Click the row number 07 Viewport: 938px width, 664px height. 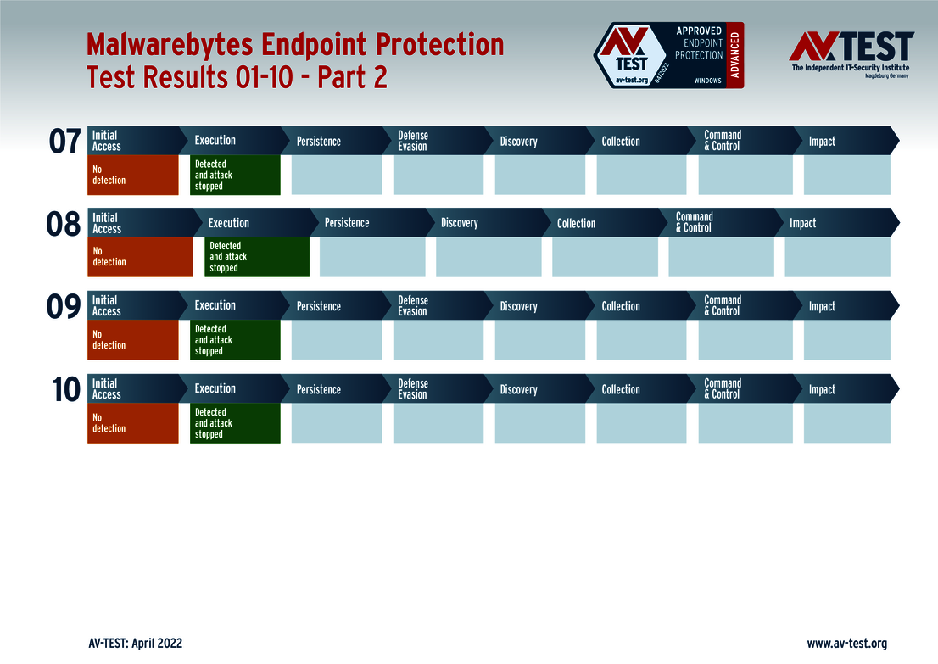coord(64,141)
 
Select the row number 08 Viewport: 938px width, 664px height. coord(63,223)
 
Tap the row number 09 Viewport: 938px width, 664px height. coord(64,306)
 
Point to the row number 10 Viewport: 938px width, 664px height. coord(66,389)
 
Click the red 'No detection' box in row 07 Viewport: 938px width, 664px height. coord(133,175)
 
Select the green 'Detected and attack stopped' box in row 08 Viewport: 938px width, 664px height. coord(257,257)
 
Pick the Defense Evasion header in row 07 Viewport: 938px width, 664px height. coord(413,141)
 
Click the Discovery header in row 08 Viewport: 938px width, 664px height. coord(460,223)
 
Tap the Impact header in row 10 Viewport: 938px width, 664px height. coord(822,389)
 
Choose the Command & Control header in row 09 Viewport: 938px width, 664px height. coord(723,306)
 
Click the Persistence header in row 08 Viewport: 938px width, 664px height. coord(347,223)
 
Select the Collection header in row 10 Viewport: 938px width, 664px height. coord(621,389)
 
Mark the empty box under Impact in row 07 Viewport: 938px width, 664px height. coord(846,175)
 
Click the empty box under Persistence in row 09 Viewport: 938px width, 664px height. coord(337,340)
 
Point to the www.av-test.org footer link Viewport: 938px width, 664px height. coord(846,644)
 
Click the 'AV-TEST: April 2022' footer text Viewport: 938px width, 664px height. coord(135,644)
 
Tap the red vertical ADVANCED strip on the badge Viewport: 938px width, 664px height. coord(735,56)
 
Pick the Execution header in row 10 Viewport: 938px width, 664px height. coord(215,388)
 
